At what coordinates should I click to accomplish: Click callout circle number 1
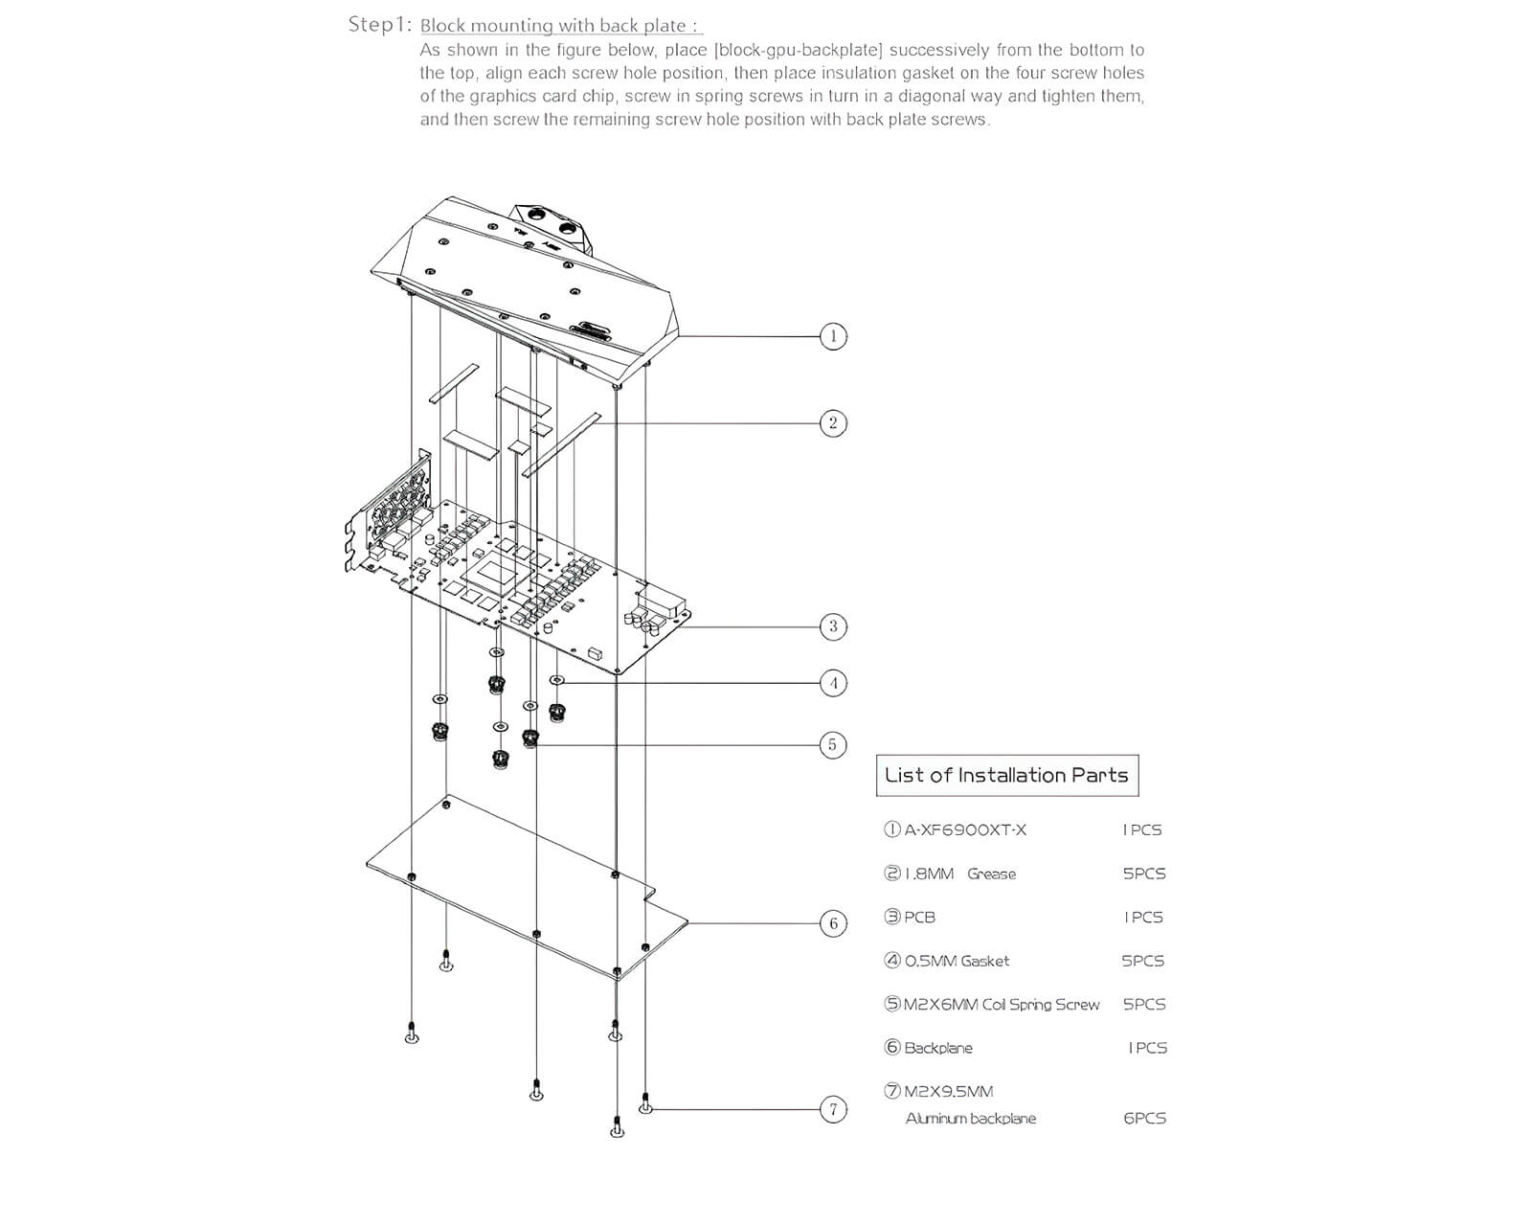click(833, 336)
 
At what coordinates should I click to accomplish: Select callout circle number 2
click(833, 422)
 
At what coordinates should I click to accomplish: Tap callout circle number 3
click(833, 626)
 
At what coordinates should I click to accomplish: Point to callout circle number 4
click(833, 683)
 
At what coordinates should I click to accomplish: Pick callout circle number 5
click(833, 744)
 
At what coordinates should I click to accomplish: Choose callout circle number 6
click(833, 923)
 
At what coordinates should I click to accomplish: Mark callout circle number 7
click(833, 1109)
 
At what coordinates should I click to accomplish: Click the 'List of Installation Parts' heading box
click(1006, 776)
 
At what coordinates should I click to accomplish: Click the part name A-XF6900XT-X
click(965, 829)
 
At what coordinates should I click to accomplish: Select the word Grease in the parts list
click(991, 874)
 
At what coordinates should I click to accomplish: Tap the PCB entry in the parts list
click(919, 917)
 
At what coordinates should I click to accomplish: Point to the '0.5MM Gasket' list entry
click(957, 961)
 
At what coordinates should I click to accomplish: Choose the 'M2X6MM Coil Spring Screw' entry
click(1002, 1005)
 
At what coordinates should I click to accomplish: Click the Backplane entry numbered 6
click(937, 1048)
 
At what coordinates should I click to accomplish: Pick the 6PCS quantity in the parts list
click(1144, 1118)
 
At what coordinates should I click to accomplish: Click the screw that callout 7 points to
click(646, 1104)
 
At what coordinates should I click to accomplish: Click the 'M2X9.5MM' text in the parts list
click(948, 1091)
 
